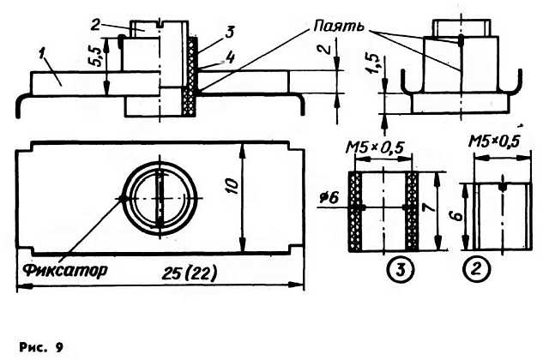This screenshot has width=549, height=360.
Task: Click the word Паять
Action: click(339, 27)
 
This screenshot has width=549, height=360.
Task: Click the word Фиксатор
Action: click(65, 270)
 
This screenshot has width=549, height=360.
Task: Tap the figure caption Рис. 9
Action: click(41, 347)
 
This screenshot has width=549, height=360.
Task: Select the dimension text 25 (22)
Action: click(190, 273)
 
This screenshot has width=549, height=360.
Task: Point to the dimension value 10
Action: click(234, 187)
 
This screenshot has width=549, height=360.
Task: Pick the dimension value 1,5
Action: click(373, 64)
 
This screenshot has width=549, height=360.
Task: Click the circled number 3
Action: click(401, 269)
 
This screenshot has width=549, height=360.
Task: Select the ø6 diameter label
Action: click(329, 198)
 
